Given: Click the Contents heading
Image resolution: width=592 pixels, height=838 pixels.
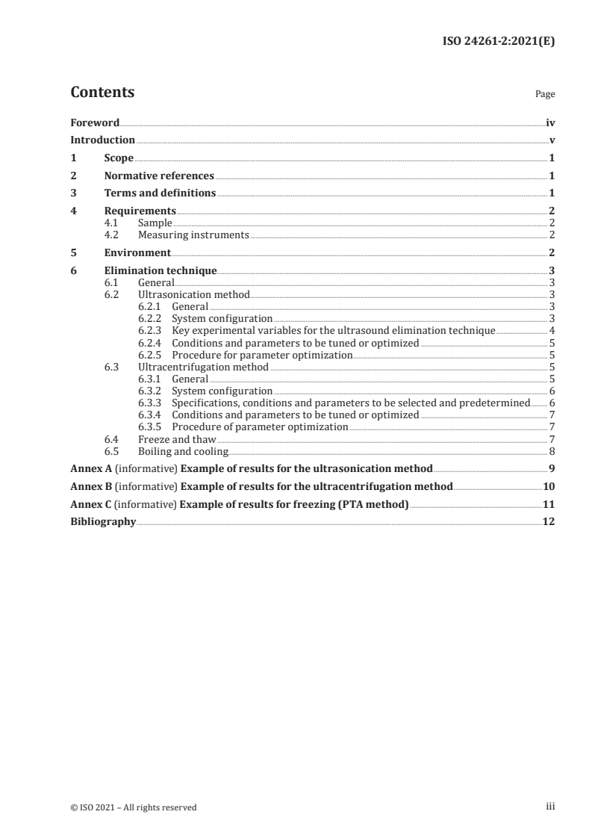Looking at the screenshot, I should [102, 93].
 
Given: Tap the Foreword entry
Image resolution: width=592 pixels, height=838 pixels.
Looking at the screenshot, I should [95, 122].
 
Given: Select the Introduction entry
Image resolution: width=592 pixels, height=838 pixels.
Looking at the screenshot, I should [102, 140].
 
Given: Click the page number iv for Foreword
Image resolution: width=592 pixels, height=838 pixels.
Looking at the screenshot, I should [550, 122].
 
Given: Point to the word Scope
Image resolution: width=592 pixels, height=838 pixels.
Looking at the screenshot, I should [119, 158].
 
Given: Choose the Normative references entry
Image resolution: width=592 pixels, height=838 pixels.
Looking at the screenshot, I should [159, 176].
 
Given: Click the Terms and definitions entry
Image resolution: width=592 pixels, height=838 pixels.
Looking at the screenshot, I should [160, 193].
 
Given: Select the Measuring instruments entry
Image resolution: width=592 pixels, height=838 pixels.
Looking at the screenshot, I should [193, 235].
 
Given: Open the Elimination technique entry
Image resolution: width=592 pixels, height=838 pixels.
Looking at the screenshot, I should [161, 270].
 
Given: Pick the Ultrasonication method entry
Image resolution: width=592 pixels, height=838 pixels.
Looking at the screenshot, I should [194, 295].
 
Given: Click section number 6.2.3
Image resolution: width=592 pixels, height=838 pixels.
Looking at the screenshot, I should [150, 331].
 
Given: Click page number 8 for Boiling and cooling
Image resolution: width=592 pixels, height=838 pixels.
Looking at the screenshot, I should [551, 451].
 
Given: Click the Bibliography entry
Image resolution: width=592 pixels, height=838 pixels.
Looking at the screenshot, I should [103, 522].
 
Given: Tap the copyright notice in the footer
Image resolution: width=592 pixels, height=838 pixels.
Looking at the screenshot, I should [134, 807].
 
